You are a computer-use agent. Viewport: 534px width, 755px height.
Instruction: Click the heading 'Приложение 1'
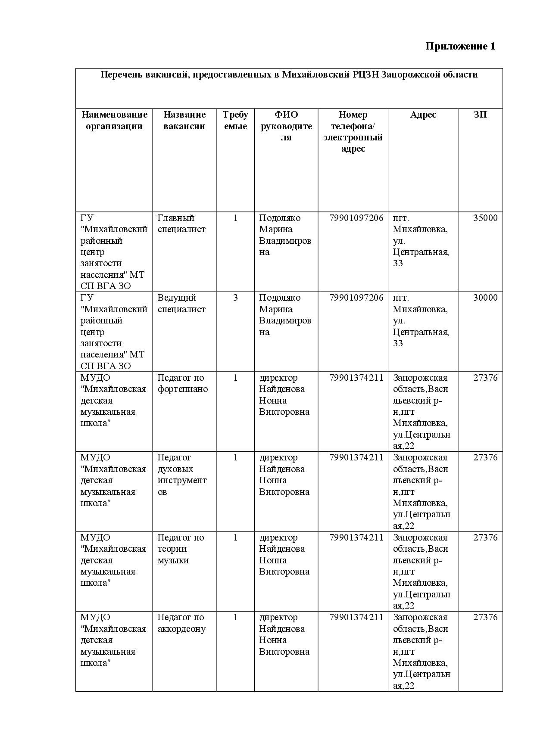click(x=460, y=47)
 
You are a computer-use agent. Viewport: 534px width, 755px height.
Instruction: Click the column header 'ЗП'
click(x=480, y=115)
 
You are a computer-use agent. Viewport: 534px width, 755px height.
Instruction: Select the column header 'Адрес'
click(x=423, y=115)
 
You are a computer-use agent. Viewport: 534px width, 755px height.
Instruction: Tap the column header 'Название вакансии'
click(x=184, y=120)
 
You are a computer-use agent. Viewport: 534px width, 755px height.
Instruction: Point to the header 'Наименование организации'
click(x=114, y=120)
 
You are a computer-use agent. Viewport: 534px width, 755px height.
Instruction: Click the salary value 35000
click(x=485, y=218)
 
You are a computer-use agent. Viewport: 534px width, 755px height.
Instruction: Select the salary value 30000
click(x=485, y=298)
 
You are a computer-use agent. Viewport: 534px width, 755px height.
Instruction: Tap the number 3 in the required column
click(x=235, y=298)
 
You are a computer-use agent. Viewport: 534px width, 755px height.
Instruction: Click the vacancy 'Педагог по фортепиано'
click(x=182, y=383)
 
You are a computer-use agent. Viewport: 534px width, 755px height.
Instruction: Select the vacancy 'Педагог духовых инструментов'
click(x=182, y=475)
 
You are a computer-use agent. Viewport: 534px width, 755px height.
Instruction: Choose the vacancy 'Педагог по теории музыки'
click(x=181, y=549)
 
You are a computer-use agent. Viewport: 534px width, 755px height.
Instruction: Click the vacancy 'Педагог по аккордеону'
click(x=181, y=623)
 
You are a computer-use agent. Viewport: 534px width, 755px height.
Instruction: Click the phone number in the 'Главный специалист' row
click(x=356, y=218)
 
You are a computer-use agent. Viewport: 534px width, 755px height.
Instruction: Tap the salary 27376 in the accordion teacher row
click(x=485, y=617)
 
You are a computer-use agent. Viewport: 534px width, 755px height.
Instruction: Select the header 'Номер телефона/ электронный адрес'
click(x=353, y=131)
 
